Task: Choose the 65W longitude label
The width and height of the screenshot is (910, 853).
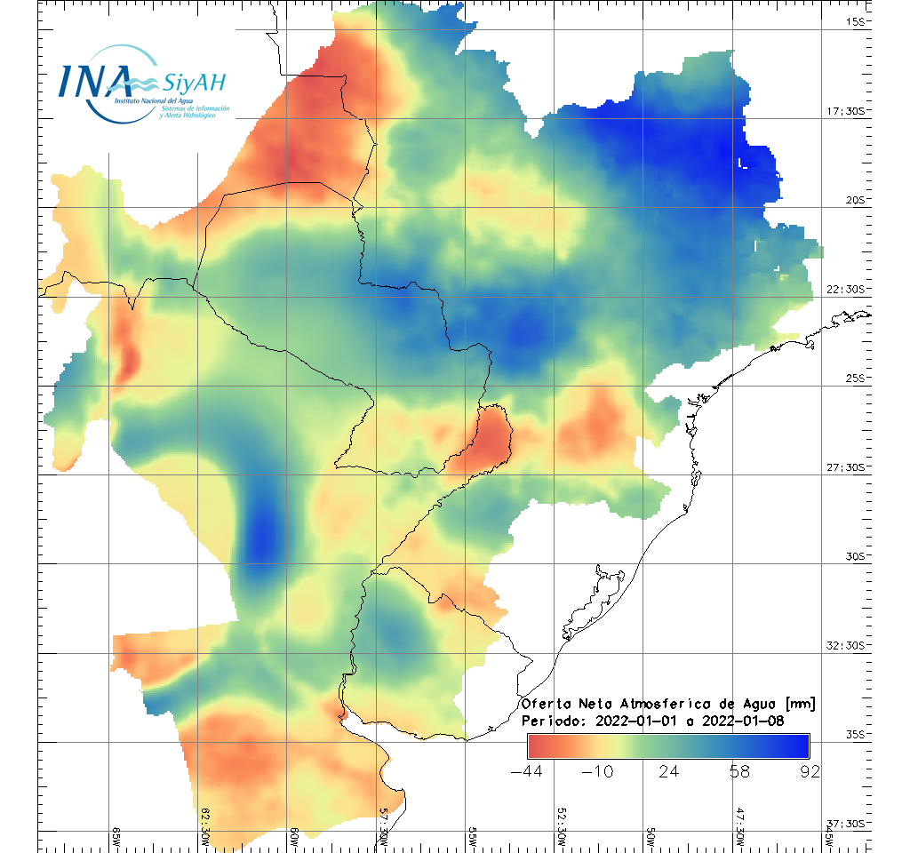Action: (116, 838)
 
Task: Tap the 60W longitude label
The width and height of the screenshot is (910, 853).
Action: (294, 838)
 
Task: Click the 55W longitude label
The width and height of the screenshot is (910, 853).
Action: (473, 838)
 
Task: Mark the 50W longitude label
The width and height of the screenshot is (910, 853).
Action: (651, 838)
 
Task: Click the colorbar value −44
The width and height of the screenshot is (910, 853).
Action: (527, 771)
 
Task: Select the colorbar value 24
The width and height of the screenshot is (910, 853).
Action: (669, 771)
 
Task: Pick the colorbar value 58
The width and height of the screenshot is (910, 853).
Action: (739, 771)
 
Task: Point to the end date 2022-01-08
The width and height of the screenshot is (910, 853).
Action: (741, 721)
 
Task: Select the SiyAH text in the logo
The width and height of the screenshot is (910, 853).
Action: (194, 84)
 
